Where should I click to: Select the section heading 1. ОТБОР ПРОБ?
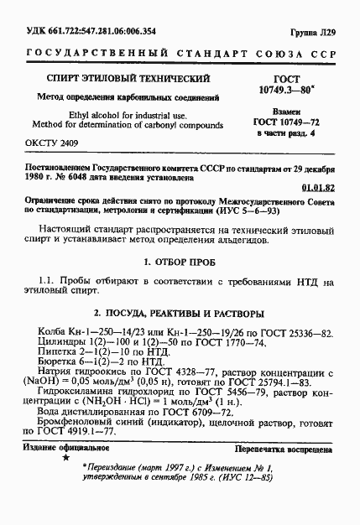180,262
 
